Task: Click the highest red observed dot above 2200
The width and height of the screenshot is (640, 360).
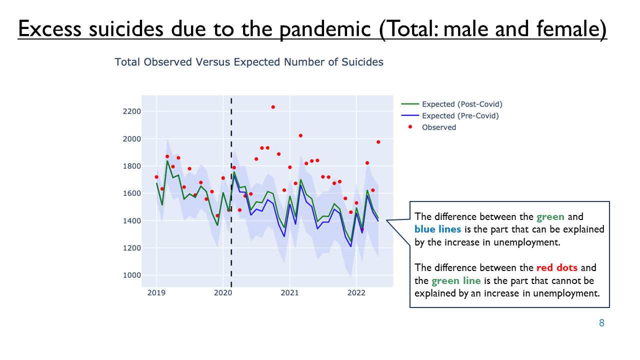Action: [x=273, y=107]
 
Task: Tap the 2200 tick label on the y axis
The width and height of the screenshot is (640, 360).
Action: [x=132, y=111]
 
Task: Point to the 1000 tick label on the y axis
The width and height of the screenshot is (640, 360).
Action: [x=132, y=275]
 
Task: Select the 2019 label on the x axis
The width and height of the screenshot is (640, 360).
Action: [x=156, y=293]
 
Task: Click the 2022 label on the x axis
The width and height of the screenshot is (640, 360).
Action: [x=356, y=293]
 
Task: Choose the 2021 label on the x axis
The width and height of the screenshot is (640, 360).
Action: [x=289, y=293]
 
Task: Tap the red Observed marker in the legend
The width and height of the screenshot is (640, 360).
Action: [x=410, y=127]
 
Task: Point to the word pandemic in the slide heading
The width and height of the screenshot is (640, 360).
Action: [x=325, y=29]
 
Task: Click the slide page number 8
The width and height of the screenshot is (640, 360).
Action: [x=601, y=323]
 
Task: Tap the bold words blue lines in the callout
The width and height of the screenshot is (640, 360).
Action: [x=437, y=229]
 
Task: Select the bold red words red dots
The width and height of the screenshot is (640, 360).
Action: [x=557, y=267]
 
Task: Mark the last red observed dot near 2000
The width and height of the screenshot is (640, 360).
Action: [x=378, y=142]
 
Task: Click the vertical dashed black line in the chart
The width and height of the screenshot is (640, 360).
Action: [x=231, y=192]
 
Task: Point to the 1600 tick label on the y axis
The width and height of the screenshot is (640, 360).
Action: [x=132, y=193]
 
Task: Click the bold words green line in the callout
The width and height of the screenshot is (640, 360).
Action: [x=456, y=280]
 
